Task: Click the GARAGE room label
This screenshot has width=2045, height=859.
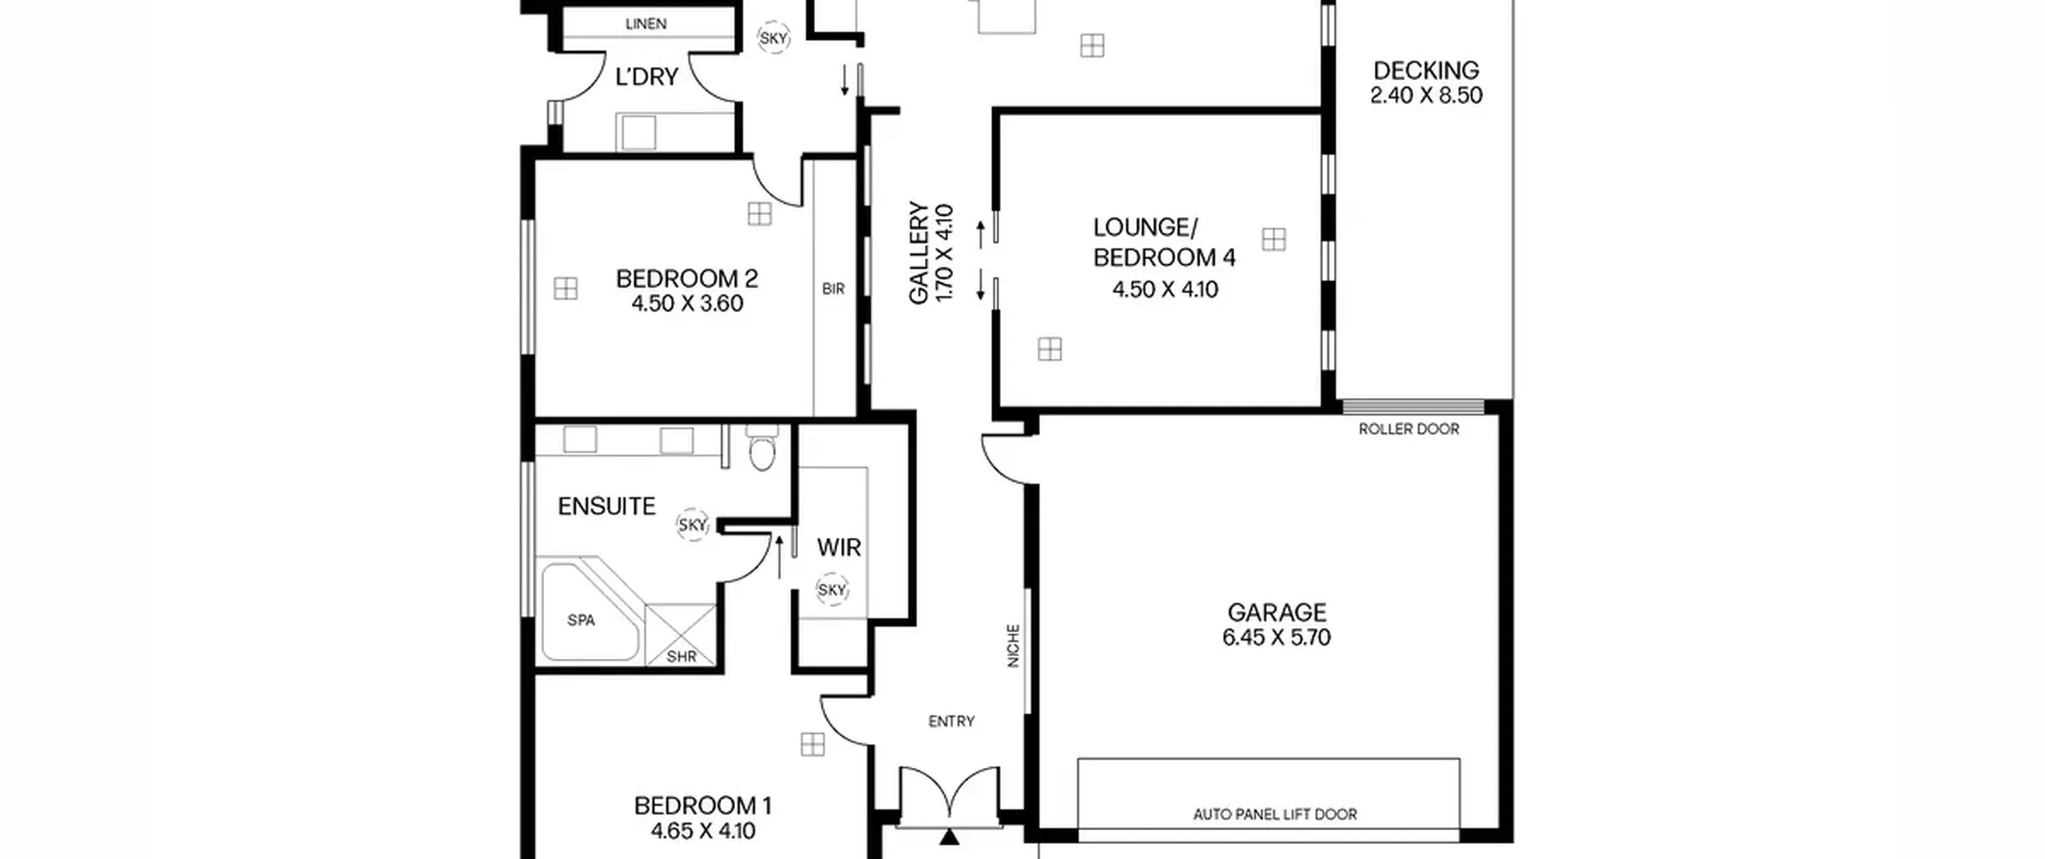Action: [x=1277, y=613]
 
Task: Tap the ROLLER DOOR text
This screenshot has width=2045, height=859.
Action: [x=1408, y=429]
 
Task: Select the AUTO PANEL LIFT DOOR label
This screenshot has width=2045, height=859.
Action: [x=1275, y=814]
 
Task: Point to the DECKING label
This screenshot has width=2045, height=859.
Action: [x=1426, y=70]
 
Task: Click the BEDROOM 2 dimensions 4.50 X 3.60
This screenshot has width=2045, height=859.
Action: [x=687, y=304]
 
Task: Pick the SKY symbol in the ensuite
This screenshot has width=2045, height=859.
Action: [x=693, y=525]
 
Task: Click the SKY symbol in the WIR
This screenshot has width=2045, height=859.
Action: [x=832, y=590]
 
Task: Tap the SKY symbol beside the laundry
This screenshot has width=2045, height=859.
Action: [x=773, y=38]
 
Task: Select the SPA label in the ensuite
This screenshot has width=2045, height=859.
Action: [x=581, y=620]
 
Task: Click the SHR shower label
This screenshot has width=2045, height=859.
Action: [x=681, y=657]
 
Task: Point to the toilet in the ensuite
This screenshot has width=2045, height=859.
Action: [x=762, y=447]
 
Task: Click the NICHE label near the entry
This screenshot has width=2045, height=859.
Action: [x=1013, y=646]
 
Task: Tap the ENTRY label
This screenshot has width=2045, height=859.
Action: [x=951, y=722]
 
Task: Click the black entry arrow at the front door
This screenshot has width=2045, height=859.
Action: [x=949, y=837]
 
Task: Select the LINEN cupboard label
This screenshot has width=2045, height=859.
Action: [x=645, y=24]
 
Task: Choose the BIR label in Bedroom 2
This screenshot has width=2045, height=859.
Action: [x=833, y=288]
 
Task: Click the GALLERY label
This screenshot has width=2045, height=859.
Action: [x=919, y=253]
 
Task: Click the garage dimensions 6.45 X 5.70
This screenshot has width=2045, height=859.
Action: [x=1277, y=638]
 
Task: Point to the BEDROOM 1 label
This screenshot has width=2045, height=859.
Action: [x=703, y=805]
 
